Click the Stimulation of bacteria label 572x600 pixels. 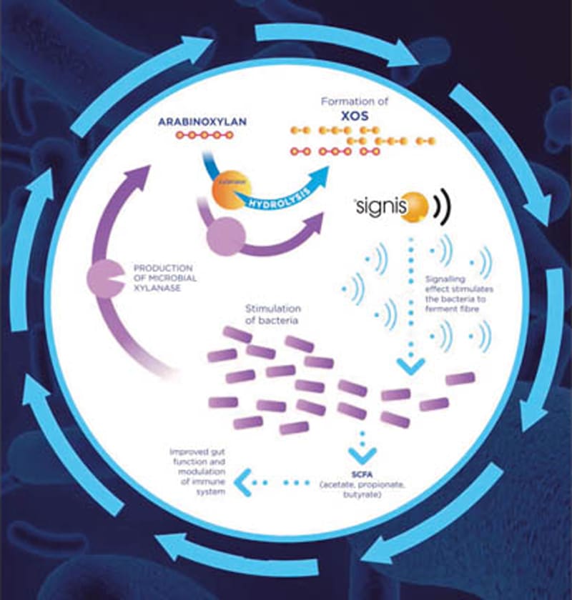pyautogui.click(x=274, y=315)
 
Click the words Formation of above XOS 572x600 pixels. pyautogui.click(x=354, y=102)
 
